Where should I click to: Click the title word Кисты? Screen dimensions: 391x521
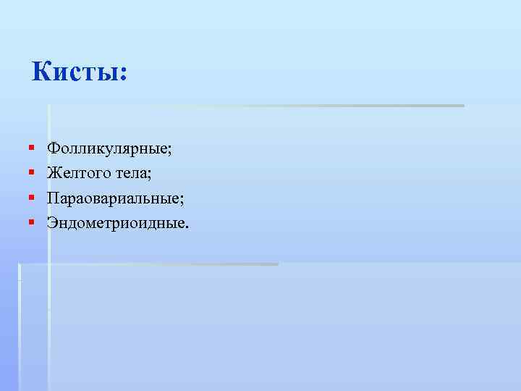(75, 72)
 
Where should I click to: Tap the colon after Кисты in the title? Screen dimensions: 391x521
(122, 75)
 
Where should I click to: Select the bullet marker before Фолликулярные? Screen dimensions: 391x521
(32, 148)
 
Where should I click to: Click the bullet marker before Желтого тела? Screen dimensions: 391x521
(32, 173)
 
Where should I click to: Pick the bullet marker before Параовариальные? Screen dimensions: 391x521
(32, 197)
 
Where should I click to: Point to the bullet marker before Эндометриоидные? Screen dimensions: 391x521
(32, 221)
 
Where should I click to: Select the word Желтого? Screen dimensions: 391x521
(77, 174)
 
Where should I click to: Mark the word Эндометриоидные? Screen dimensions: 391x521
(116, 222)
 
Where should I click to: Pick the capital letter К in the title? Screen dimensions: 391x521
(42, 72)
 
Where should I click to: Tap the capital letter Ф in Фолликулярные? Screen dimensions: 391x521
(53, 148)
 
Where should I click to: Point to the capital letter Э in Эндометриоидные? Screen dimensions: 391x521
(52, 222)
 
